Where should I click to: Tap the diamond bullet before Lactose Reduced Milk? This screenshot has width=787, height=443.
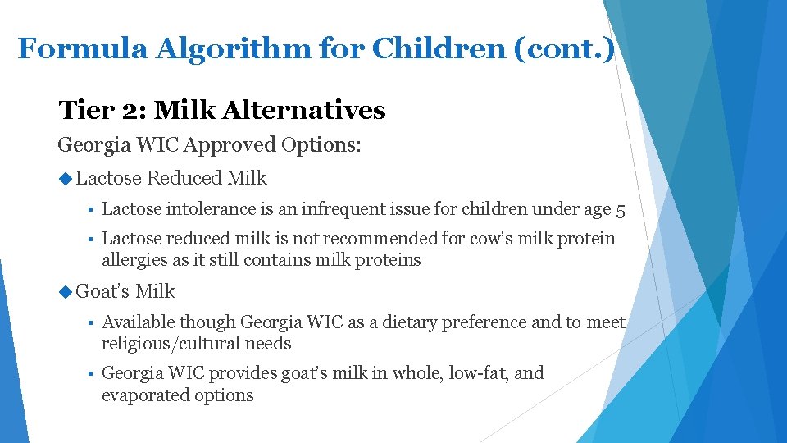click(x=66, y=178)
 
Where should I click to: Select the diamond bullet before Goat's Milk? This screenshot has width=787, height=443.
click(x=66, y=291)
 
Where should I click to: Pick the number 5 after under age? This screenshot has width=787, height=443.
click(x=620, y=211)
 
